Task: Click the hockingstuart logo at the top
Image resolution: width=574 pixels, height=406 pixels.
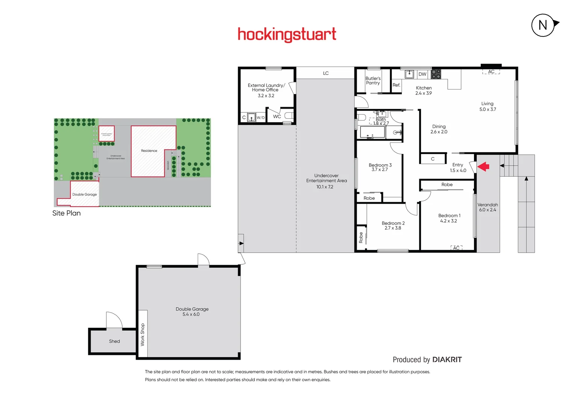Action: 287,34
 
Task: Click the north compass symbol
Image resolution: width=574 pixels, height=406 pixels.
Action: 543,25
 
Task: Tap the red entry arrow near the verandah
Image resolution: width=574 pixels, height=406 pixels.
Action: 483,166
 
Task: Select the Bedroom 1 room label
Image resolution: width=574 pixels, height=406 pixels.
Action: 449,215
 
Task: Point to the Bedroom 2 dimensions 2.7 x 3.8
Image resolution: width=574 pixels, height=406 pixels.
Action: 393,228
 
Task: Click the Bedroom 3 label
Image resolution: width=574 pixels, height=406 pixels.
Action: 380,165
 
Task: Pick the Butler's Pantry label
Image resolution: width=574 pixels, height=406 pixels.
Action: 373,80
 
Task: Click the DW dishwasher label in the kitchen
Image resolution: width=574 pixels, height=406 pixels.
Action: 423,74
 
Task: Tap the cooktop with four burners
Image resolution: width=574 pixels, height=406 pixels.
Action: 436,74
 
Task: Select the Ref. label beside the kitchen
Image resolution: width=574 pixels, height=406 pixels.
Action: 396,85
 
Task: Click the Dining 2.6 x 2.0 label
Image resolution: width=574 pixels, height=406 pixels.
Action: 439,129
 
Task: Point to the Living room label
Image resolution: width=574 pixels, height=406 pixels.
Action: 487,103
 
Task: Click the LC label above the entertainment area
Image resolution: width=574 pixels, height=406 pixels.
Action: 326,73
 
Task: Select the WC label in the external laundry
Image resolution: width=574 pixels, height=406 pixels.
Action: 277,117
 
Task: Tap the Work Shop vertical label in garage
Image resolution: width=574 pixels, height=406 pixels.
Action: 142,334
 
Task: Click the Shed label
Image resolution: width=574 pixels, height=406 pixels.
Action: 114,341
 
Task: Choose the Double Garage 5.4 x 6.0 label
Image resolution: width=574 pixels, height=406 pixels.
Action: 192,312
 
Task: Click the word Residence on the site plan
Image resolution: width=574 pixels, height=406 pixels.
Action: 149,151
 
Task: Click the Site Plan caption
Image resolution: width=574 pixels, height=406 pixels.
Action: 67,213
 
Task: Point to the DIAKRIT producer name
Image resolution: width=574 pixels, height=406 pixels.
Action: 447,360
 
